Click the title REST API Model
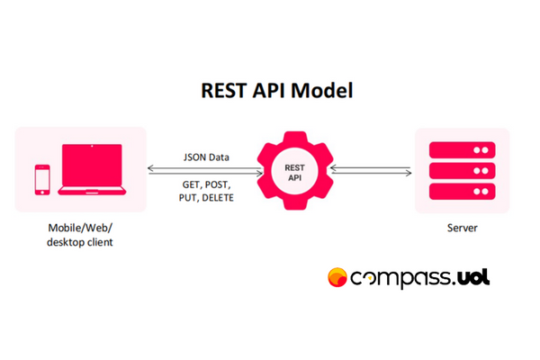pyautogui.click(x=277, y=91)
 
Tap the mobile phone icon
pyautogui.click(x=42, y=180)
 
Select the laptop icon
pyautogui.click(x=92, y=169)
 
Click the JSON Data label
pyautogui.click(x=206, y=157)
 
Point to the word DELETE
pyautogui.click(x=218, y=198)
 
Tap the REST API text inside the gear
pyautogui.click(x=294, y=173)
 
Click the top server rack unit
pyautogui.click(x=463, y=150)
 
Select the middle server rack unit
pyautogui.click(x=463, y=170)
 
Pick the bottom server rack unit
pyautogui.click(x=463, y=191)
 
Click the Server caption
pyautogui.click(x=463, y=228)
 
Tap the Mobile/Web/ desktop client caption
pyautogui.click(x=80, y=235)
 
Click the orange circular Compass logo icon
pyautogui.click(x=337, y=277)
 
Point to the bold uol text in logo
pyautogui.click(x=473, y=277)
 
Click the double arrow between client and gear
pyautogui.click(x=205, y=171)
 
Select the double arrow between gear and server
pyautogui.click(x=371, y=170)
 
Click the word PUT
pyautogui.click(x=188, y=198)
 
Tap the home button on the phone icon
pyautogui.click(x=42, y=193)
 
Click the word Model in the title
pyautogui.click(x=322, y=91)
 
